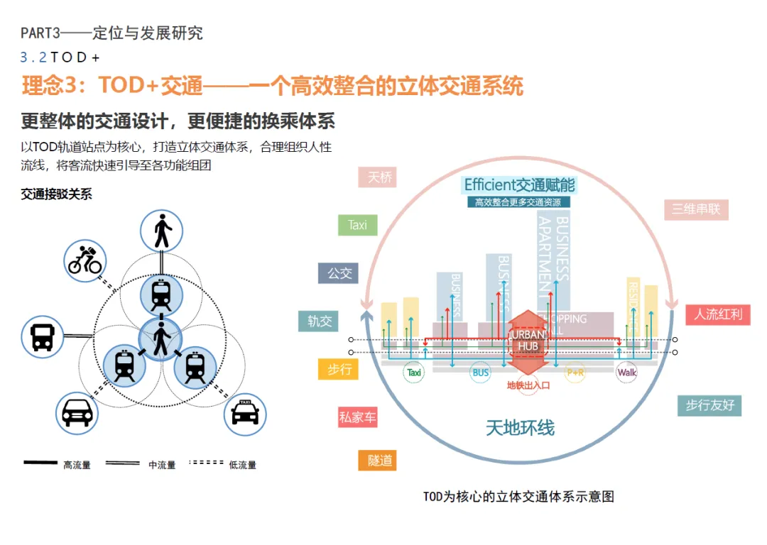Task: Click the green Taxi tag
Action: click(357, 225)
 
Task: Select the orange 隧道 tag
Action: click(376, 461)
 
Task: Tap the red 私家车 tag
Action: click(357, 417)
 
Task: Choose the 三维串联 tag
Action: click(696, 209)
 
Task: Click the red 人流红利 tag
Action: click(717, 314)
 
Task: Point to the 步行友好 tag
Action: click(709, 405)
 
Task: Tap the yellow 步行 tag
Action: click(338, 369)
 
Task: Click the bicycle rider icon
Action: click(85, 260)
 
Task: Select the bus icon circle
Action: click(43, 336)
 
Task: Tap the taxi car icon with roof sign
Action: click(245, 414)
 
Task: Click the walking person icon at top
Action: click(162, 231)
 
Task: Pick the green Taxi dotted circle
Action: click(413, 372)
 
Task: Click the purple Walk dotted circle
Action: click(627, 372)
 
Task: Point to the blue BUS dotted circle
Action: click(481, 372)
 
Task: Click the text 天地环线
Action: click(520, 427)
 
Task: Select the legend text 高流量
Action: click(77, 466)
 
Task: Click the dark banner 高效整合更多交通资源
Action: click(518, 202)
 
